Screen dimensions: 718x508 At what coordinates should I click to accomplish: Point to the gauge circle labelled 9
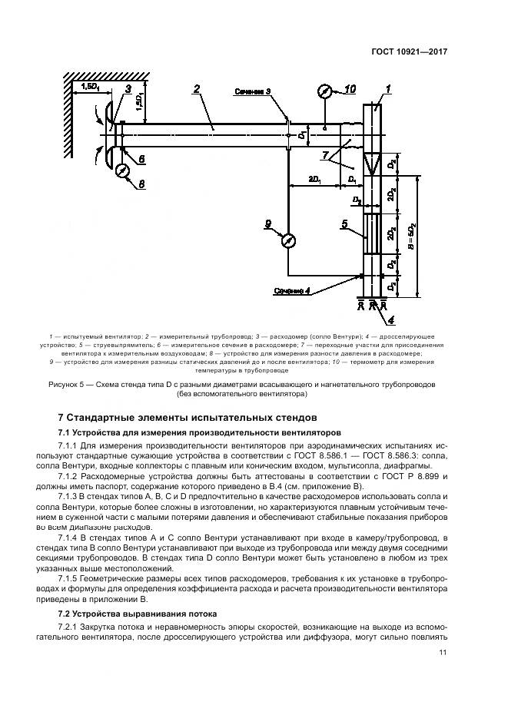(289, 240)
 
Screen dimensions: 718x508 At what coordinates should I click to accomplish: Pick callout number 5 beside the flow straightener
(345, 223)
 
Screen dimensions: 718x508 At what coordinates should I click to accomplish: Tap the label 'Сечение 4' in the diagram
(291, 291)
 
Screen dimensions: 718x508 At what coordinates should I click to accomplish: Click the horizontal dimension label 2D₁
(314, 178)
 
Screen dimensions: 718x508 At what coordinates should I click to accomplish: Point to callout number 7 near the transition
(326, 155)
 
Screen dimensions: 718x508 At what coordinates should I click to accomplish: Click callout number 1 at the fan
(388, 89)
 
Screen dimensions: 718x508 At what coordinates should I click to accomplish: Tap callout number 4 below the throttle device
(390, 319)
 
